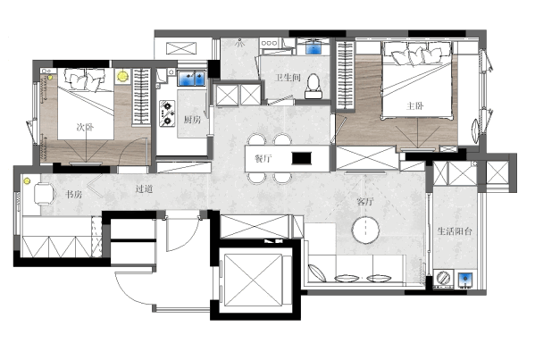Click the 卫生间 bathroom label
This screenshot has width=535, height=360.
(x=288, y=78)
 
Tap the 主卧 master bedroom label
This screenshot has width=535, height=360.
(x=415, y=105)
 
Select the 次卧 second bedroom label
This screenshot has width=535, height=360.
(x=85, y=128)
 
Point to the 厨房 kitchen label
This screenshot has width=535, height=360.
(x=192, y=120)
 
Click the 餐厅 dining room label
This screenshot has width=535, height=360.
(x=263, y=159)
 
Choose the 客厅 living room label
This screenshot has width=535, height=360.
(x=365, y=202)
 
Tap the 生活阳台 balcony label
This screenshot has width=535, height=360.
(x=455, y=231)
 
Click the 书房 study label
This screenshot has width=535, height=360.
(x=74, y=195)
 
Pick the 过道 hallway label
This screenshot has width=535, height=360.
(x=144, y=188)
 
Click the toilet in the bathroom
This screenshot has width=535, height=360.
(x=313, y=86)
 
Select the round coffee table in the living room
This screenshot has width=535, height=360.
(x=366, y=230)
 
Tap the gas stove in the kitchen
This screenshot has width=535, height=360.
(x=167, y=113)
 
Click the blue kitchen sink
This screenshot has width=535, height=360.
(x=191, y=78)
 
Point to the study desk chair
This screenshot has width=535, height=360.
(x=45, y=194)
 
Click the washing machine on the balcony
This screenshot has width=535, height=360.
(x=443, y=278)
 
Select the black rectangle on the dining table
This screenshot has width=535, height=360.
(x=302, y=158)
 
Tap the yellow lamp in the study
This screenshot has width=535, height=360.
(x=27, y=181)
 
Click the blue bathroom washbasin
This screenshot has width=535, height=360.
(x=313, y=47)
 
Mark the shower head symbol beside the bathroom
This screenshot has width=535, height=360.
(x=240, y=43)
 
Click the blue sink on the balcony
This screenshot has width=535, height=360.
(x=465, y=279)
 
